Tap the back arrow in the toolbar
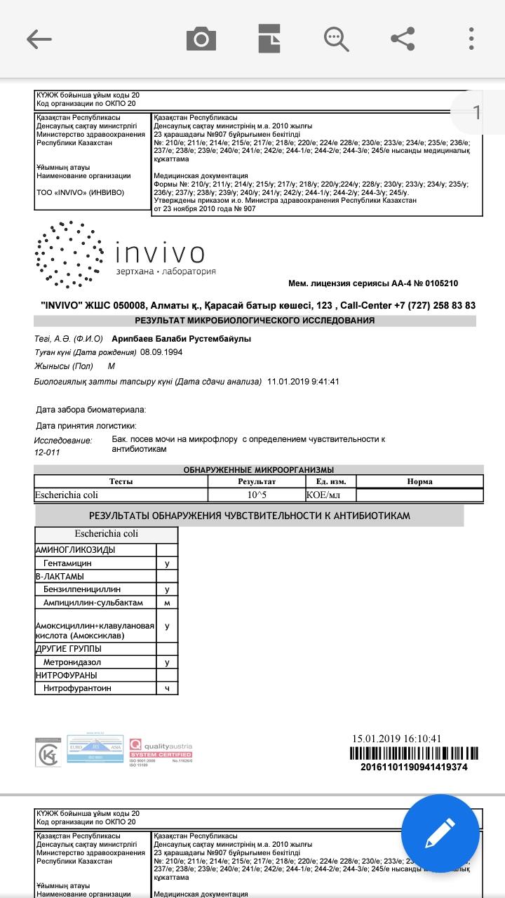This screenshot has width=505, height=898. coord(39,39)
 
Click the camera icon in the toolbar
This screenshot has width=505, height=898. coord(201,39)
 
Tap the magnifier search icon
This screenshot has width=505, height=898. coord(336,39)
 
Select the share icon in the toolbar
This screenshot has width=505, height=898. coord(403,39)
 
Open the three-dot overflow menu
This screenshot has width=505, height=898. coord(472,39)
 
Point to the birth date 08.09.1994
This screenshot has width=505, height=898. coord(161,352)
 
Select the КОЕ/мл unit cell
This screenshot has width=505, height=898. coord(323,495)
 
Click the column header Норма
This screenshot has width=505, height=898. coord(419,482)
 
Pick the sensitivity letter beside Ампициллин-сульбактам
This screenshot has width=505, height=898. coord(167,603)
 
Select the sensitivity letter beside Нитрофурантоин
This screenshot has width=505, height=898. coord(167,688)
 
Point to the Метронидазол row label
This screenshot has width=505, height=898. coord(72,662)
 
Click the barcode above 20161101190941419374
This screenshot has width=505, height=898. coord(414,754)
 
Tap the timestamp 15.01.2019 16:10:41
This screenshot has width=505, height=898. coord(397,739)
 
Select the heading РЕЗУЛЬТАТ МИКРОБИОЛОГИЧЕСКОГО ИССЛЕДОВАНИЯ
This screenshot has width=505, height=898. coord(255,321)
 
